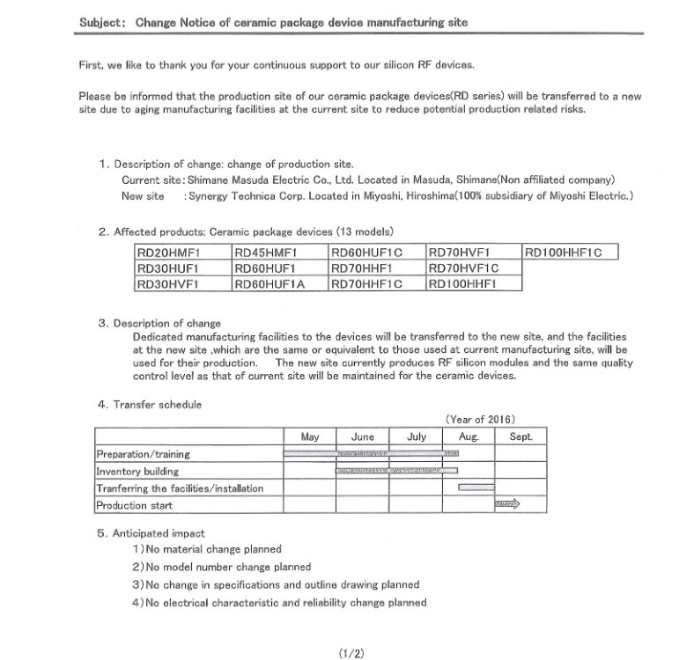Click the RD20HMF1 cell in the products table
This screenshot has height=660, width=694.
coord(182,253)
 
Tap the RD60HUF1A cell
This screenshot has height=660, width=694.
coord(279,284)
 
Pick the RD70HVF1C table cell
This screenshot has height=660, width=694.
coord(473,268)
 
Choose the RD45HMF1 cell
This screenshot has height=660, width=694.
coord(279,253)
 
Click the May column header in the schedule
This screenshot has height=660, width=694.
coord(310,436)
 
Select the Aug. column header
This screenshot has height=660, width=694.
coord(469,436)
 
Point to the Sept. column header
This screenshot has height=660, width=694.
coord(520,436)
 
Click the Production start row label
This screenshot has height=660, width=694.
coord(134,505)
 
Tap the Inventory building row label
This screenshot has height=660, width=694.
coord(137,471)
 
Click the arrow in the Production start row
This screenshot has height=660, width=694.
coord(508,504)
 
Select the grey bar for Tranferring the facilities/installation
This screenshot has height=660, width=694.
coord(473,488)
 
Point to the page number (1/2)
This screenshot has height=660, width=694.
coord(351,652)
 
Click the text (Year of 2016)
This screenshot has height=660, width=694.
coord(480,419)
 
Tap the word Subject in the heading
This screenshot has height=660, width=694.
coord(100,21)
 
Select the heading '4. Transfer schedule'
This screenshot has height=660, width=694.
coord(150,404)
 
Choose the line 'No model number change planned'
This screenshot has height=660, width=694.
coord(227,567)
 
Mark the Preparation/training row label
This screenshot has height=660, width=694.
coord(143,454)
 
